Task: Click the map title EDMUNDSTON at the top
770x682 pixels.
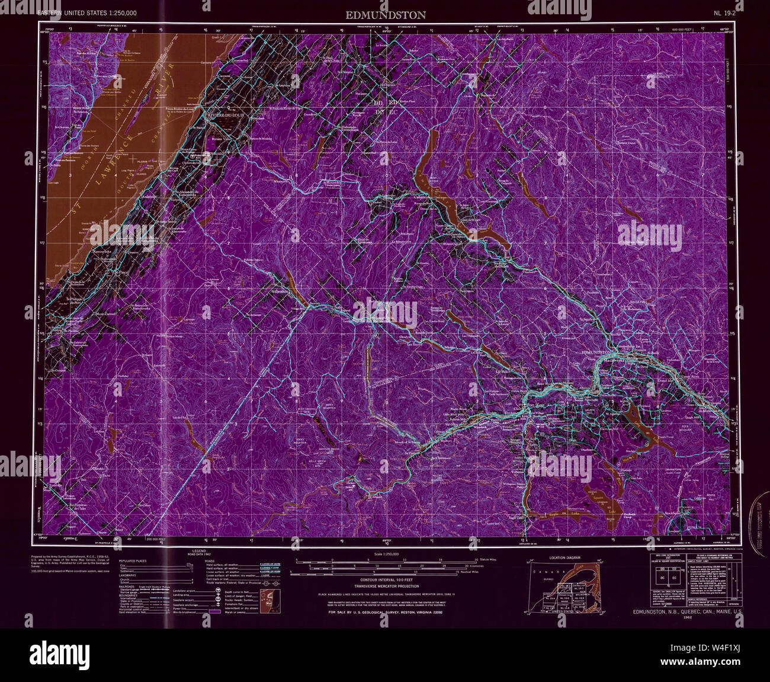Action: pyautogui.click(x=386, y=15)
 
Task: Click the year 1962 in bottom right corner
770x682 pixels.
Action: pyautogui.click(x=687, y=617)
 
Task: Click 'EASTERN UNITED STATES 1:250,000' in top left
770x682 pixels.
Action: pyautogui.click(x=86, y=12)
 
